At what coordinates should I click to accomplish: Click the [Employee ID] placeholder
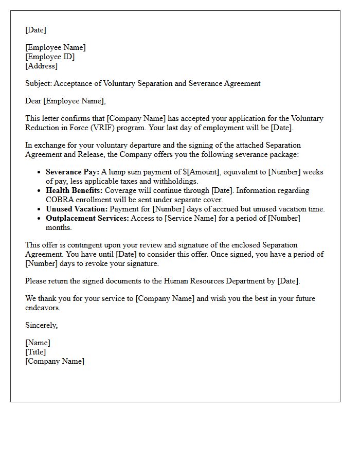pos(50,57)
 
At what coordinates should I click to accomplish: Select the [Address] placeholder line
pos(42,66)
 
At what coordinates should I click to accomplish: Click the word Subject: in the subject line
pos(39,83)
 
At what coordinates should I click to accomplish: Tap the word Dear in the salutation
pos(33,101)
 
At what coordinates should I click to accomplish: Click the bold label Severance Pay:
pos(73,172)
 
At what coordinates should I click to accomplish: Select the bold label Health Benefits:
pos(74,190)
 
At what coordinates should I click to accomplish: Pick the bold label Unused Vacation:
pos(76,209)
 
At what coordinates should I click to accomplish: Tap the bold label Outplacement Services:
pos(87,218)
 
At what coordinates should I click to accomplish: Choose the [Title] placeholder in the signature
pos(35,352)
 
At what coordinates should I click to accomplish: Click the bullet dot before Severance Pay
pos(39,172)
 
